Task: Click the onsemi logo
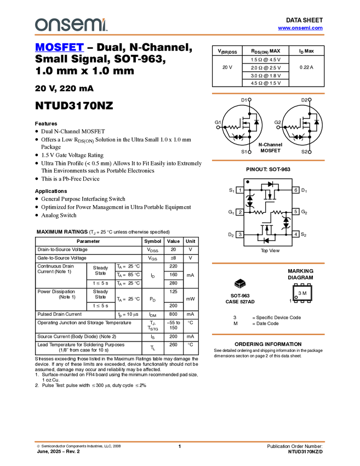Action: click(71, 25)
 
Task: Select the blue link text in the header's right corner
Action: click(300, 29)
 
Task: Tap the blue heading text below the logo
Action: click(59, 48)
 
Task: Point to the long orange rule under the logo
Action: click(180, 35)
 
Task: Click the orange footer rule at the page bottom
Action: click(180, 441)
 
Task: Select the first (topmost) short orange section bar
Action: click(268, 94)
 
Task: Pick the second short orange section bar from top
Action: click(268, 161)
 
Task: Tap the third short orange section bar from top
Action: click(268, 263)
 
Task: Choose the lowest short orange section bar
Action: click(268, 334)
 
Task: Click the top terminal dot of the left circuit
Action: click(249, 100)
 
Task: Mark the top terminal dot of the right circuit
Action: click(310, 100)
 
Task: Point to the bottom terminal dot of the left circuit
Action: click(249, 152)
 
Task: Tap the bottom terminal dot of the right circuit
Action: click(310, 152)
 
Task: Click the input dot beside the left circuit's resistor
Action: click(218, 127)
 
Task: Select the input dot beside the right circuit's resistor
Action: click(278, 127)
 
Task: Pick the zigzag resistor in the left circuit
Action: click(233, 127)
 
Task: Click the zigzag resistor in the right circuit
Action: click(294, 127)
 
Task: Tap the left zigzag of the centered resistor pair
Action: click(259, 212)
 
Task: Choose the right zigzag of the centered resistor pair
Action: click(278, 212)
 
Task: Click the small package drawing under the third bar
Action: click(239, 285)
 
